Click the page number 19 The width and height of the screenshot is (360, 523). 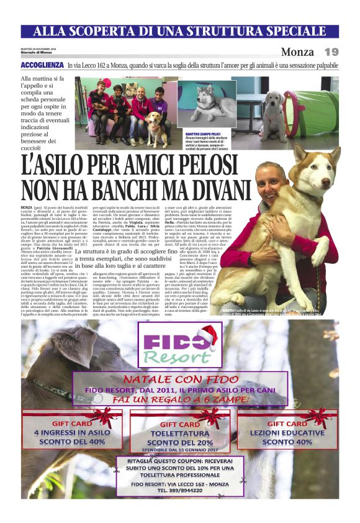(x=331, y=52)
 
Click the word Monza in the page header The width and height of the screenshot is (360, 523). (x=297, y=52)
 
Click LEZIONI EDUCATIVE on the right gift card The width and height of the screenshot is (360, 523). (x=287, y=432)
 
